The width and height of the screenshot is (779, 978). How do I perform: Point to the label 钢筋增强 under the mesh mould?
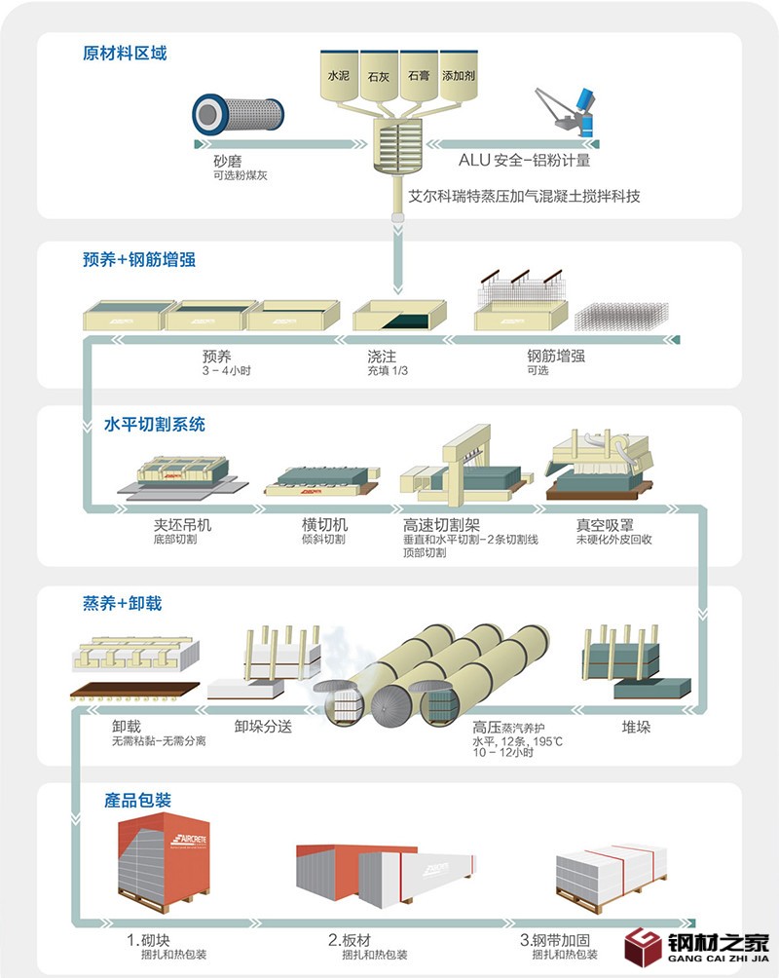(555, 357)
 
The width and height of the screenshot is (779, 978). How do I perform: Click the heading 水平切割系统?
(155, 425)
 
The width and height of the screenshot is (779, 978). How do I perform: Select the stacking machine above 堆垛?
(638, 662)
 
